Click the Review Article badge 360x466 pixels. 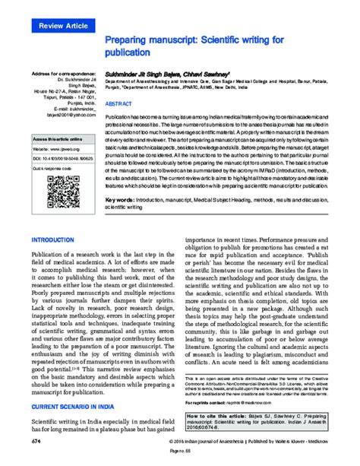point(60,26)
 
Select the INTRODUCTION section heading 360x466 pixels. point(52,239)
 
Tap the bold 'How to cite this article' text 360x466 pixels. point(220,417)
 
